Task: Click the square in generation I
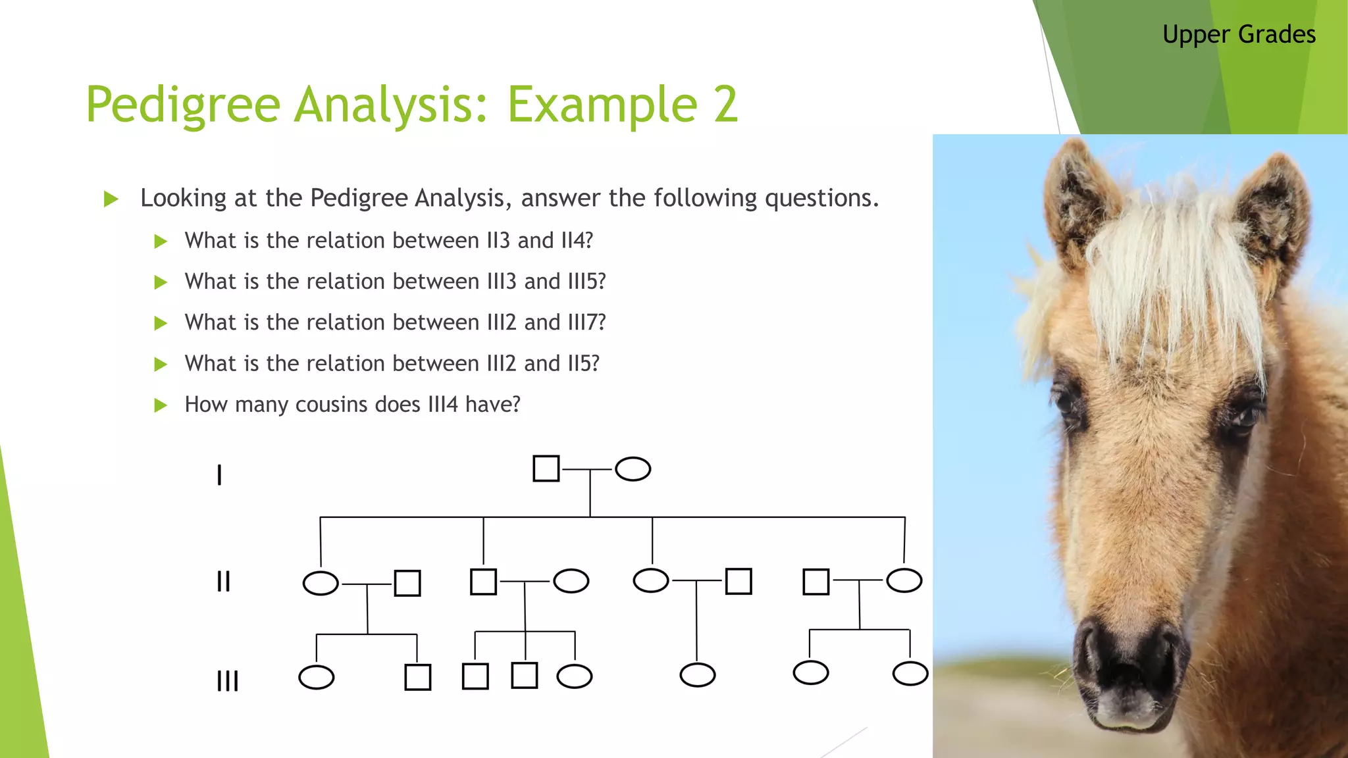(546, 468)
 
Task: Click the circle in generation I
(633, 469)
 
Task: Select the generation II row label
(224, 582)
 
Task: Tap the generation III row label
(228, 680)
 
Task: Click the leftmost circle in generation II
(321, 583)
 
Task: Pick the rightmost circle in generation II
(904, 580)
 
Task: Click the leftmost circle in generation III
(316, 677)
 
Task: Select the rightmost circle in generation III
(910, 674)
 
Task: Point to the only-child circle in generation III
(697, 675)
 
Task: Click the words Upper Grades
(1239, 34)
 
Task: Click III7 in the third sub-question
(586, 322)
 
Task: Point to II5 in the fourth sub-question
(583, 363)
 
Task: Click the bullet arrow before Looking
(111, 199)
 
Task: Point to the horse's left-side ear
(1079, 197)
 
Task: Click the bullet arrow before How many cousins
(161, 405)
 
